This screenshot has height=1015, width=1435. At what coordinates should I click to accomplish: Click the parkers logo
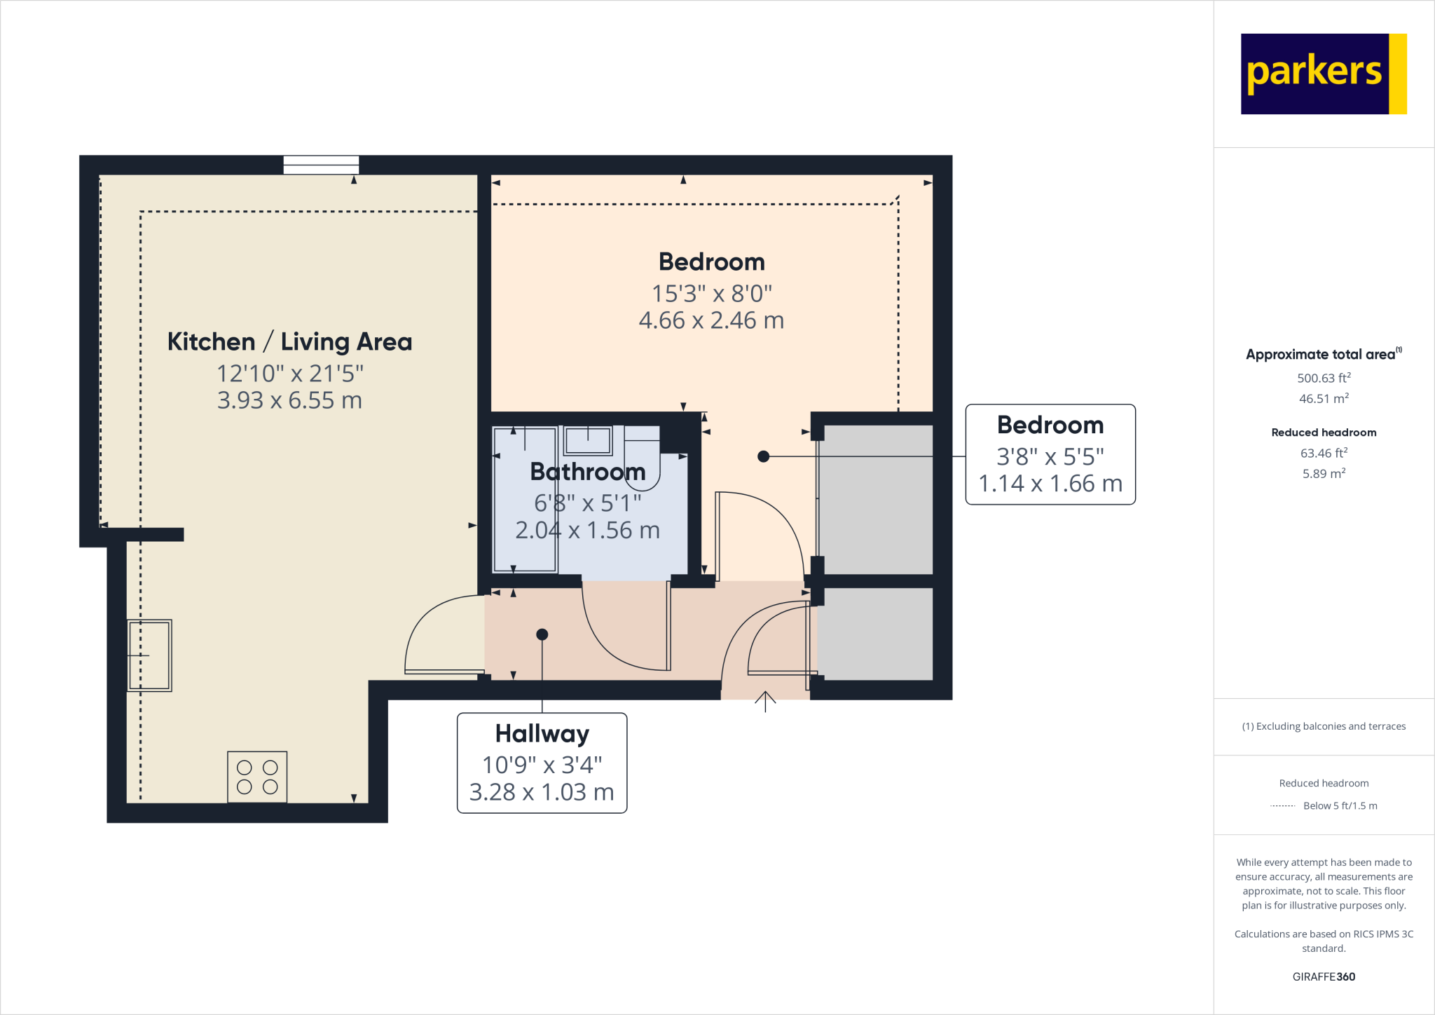1323,74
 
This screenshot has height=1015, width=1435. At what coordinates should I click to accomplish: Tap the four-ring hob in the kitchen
257,777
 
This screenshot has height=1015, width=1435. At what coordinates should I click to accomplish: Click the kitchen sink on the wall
149,655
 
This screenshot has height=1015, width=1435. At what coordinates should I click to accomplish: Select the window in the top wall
321,165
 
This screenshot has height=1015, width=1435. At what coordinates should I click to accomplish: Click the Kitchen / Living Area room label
289,342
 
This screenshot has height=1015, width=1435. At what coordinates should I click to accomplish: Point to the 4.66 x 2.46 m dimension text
711,320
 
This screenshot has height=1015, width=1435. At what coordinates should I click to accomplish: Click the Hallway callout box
542,763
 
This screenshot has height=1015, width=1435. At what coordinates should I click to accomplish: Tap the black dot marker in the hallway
542,634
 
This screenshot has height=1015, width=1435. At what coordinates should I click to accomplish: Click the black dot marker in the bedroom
764,456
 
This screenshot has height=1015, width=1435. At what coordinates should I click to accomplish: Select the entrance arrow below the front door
765,701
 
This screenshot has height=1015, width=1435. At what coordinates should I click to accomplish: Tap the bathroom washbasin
588,441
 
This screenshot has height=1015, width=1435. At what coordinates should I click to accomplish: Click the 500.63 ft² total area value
1324,378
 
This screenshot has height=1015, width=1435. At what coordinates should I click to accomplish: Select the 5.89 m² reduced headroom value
1324,474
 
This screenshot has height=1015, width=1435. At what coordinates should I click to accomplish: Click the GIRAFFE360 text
1324,976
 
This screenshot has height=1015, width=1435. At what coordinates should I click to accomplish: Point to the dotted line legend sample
1282,806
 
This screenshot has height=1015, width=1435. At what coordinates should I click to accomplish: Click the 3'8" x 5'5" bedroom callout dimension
1050,457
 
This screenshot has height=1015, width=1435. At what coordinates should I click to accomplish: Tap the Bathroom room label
587,472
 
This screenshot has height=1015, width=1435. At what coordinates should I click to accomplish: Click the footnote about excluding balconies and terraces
1324,726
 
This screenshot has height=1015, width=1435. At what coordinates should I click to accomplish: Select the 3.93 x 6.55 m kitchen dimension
289,400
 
